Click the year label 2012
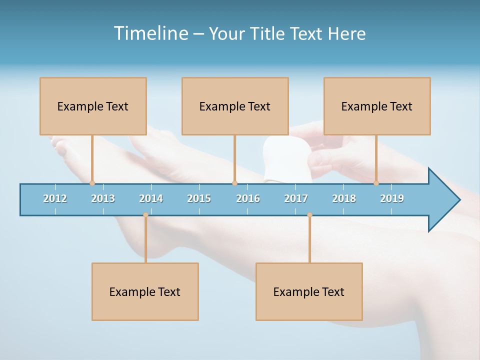click(55, 198)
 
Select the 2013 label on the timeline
click(103, 198)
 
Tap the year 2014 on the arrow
click(151, 198)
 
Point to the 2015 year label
click(199, 198)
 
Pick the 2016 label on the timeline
click(248, 198)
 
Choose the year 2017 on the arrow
click(296, 198)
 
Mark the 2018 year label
click(344, 198)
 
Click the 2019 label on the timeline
click(392, 198)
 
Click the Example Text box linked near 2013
click(93, 106)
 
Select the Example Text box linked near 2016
click(235, 106)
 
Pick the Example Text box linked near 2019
click(377, 106)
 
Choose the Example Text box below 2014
click(145, 291)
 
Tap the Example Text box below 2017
click(309, 291)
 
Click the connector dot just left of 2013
click(92, 183)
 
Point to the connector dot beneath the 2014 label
click(145, 215)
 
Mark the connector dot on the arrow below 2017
click(309, 215)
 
